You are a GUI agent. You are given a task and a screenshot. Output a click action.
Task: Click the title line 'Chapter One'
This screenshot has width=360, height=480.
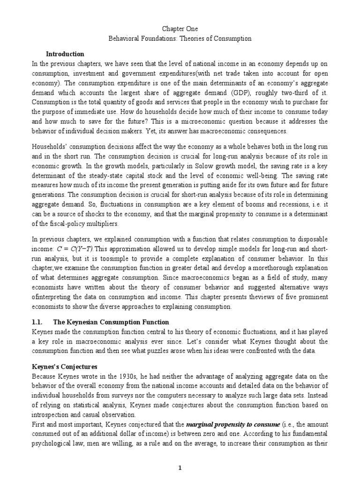(x=180, y=30)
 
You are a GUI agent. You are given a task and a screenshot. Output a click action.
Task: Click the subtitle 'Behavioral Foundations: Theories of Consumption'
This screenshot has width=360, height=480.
(x=180, y=39)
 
